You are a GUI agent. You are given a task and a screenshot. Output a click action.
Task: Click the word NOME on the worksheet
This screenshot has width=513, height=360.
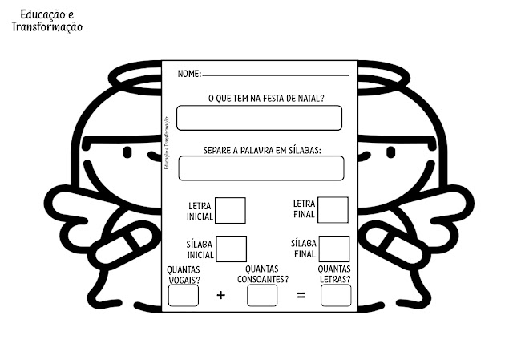point(188,74)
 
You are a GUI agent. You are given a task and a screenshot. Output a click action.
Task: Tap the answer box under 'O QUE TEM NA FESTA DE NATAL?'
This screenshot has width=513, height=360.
point(259,118)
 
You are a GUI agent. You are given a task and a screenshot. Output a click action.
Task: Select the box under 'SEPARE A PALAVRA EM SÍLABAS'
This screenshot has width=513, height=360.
point(261,168)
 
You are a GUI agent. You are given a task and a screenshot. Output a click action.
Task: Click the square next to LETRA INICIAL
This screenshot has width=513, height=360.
point(231,210)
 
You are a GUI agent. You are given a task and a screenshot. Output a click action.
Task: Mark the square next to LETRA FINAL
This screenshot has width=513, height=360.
point(333,210)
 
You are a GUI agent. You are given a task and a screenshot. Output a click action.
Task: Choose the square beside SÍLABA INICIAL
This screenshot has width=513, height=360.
point(232,249)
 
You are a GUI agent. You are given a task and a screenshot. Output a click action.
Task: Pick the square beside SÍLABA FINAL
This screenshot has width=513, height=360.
point(334,249)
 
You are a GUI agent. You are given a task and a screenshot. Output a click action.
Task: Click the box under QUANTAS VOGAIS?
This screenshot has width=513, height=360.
point(183,295)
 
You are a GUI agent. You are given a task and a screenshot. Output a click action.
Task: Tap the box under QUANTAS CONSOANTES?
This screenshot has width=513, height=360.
point(262,295)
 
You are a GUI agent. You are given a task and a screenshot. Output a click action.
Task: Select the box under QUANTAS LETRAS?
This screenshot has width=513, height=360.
point(336,295)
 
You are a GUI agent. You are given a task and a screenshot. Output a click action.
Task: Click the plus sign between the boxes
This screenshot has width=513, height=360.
point(221,296)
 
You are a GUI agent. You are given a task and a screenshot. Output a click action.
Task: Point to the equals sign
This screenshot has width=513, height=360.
point(301,296)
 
